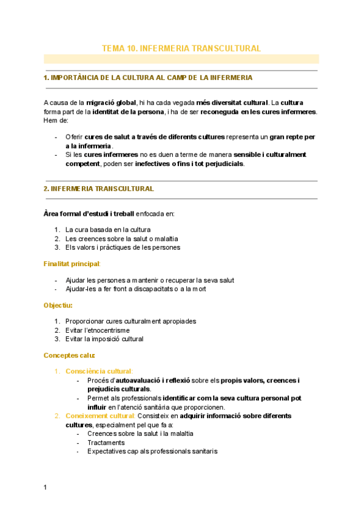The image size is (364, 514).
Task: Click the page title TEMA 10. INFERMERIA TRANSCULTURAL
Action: [x=181, y=48]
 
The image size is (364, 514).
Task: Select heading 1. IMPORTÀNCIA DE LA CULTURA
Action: [x=148, y=78]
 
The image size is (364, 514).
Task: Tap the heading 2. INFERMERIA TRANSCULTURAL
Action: [x=98, y=189]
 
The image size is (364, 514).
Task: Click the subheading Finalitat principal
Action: [x=72, y=264]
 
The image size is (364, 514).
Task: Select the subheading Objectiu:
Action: [x=58, y=305]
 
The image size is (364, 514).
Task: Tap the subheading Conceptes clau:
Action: [x=69, y=355]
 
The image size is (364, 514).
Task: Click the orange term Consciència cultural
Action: [x=99, y=370]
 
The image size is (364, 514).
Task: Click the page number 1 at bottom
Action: [x=45, y=487]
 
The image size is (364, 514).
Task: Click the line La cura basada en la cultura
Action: [x=108, y=230]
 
